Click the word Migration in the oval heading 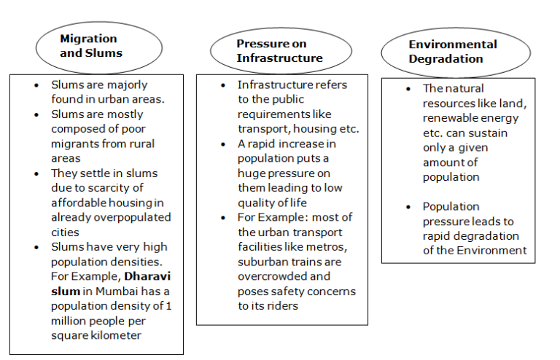88,39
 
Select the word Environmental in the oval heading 453,44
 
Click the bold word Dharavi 147,276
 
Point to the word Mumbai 117,291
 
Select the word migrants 74,144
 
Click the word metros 327,247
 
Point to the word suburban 260,262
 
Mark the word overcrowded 267,276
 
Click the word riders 283,306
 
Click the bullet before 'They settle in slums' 36,173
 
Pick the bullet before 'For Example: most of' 223,218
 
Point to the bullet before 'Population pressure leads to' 408,207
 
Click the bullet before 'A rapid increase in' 223,144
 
